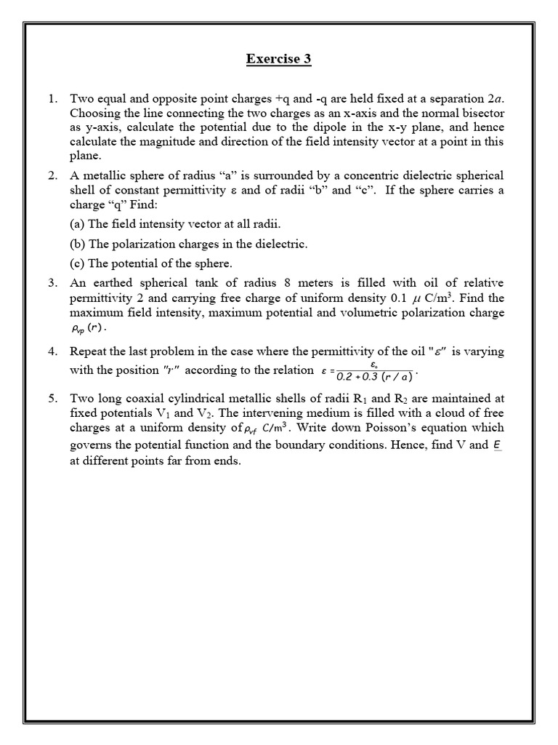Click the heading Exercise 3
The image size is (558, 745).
point(279,59)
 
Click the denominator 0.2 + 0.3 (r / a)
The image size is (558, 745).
point(374,376)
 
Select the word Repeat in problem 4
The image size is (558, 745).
point(89,351)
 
